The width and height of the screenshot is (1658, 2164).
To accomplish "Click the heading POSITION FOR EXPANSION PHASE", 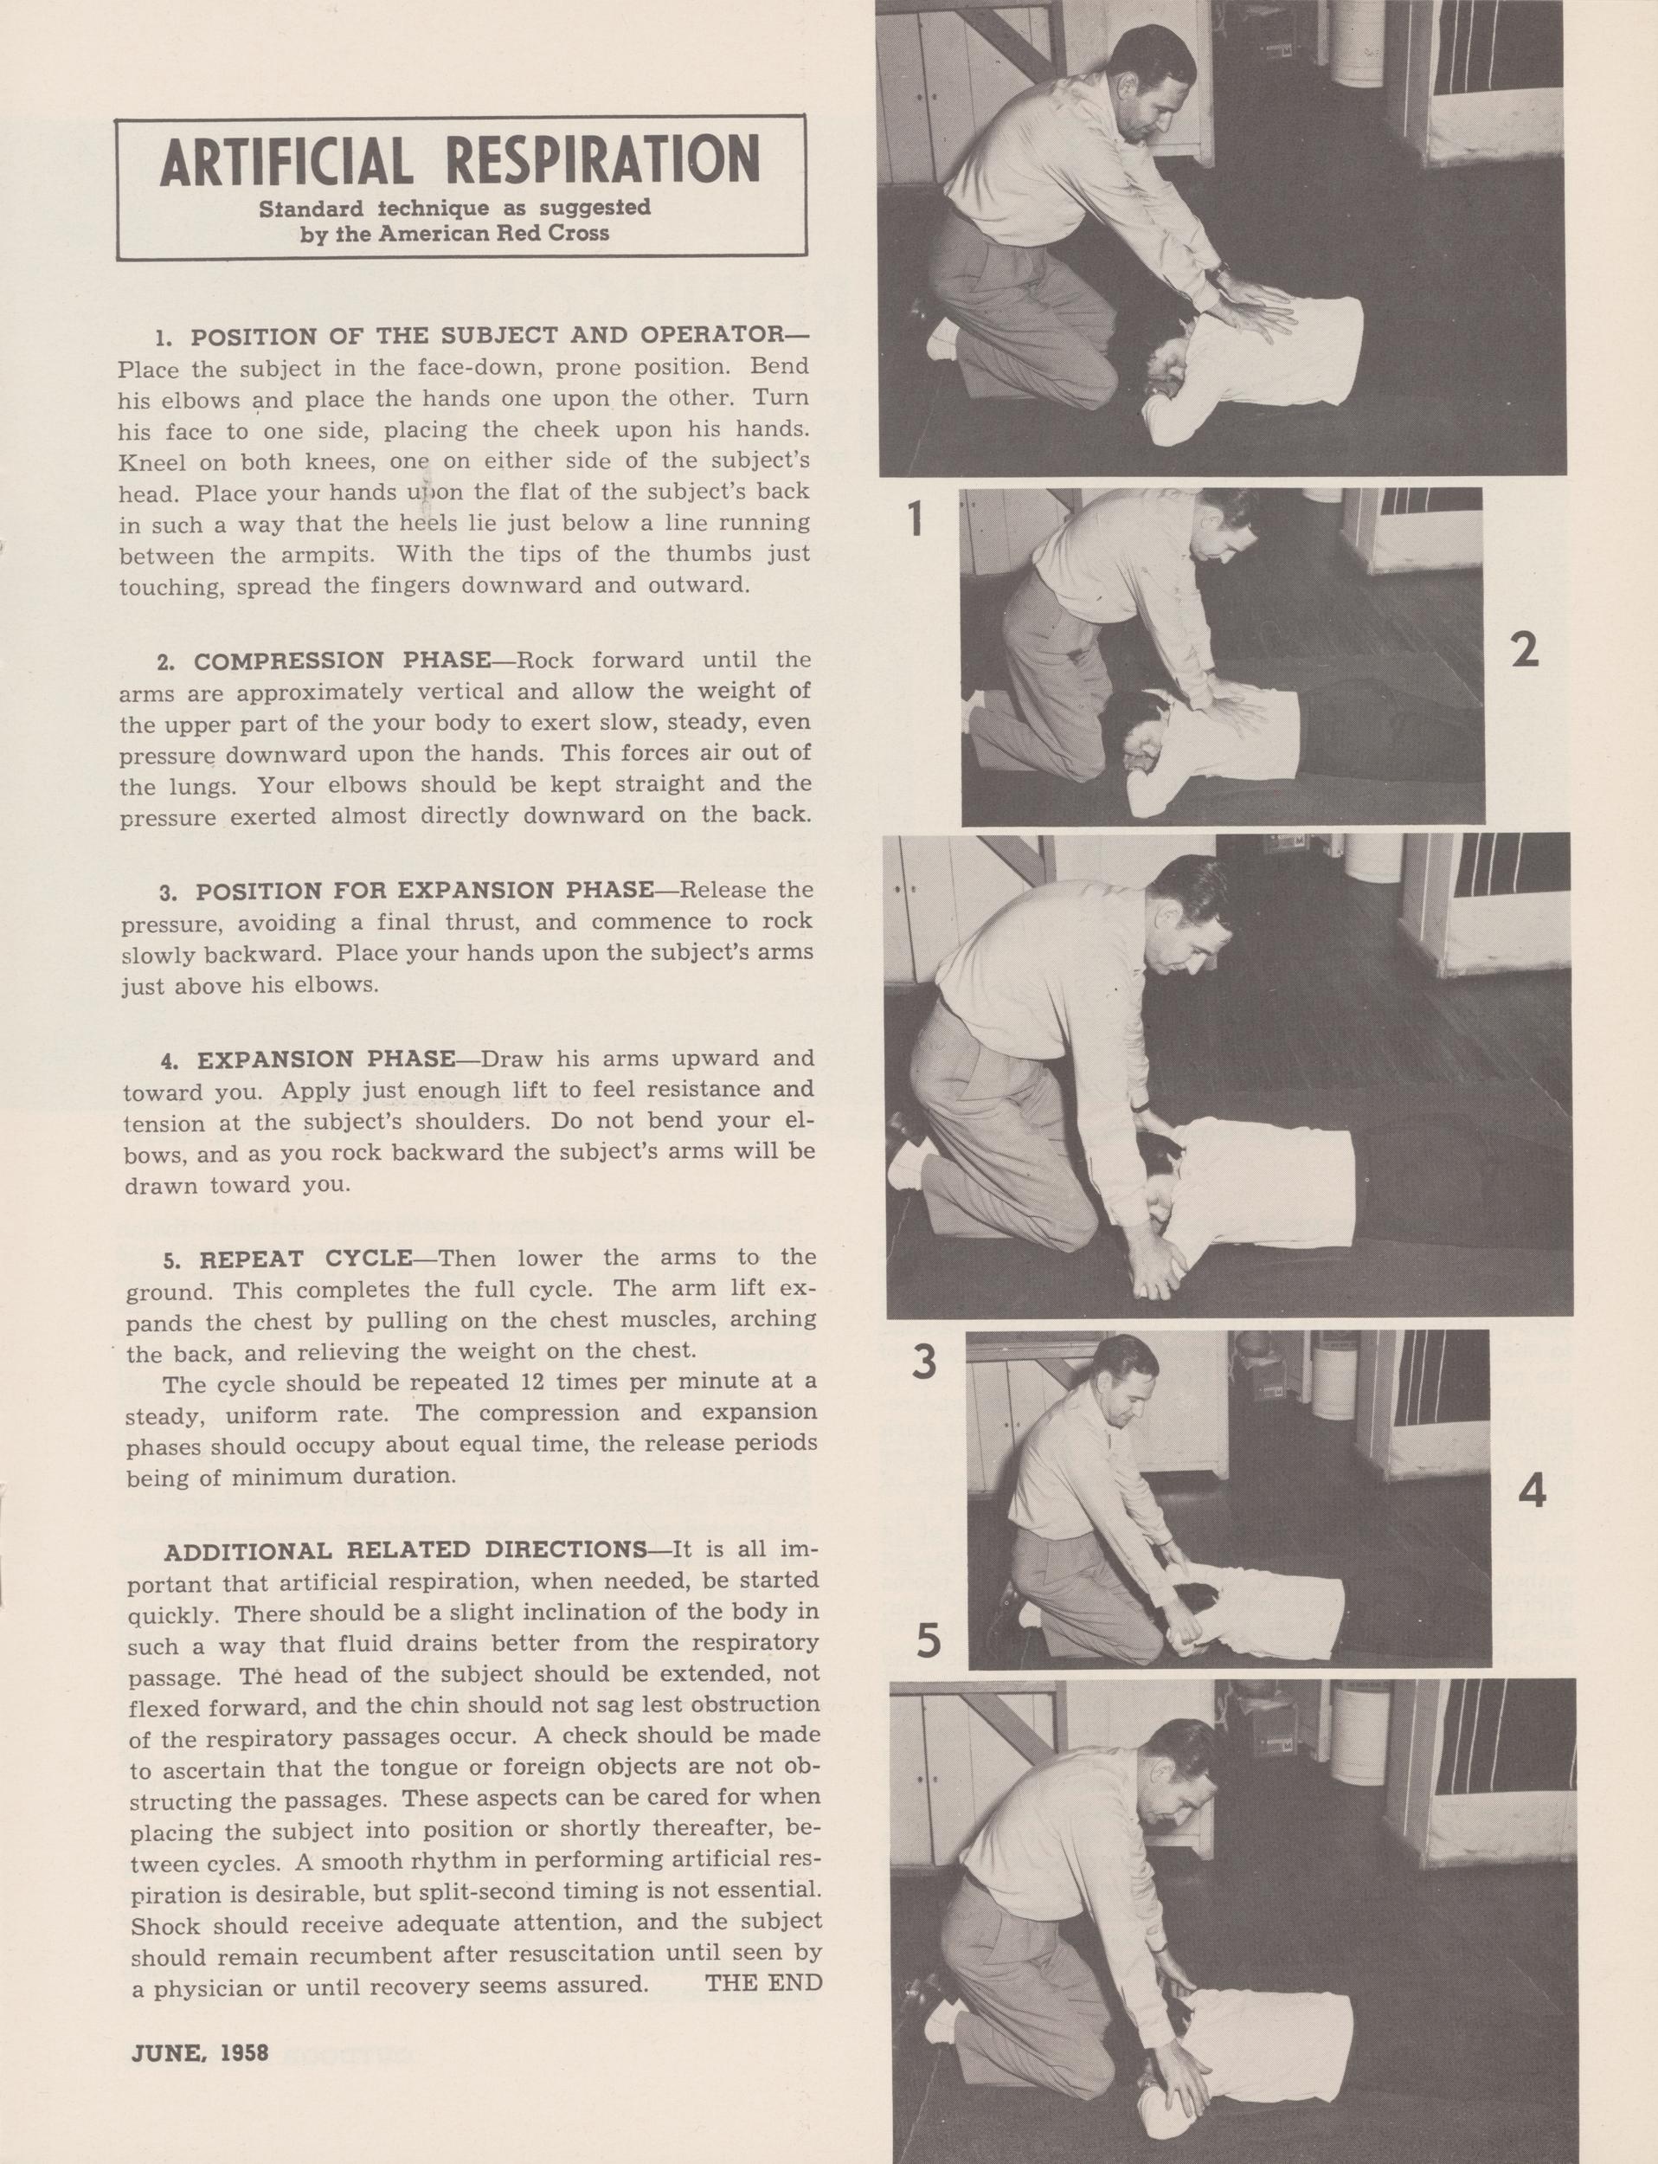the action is point(424,891).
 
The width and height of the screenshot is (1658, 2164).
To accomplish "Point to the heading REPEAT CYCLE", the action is point(306,1259).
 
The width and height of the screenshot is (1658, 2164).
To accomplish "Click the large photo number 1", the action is point(915,519).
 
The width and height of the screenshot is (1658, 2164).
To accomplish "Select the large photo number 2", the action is point(1525,648).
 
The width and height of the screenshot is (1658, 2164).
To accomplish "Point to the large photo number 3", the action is point(922,1363).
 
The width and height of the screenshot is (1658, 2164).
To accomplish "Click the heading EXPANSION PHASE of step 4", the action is point(326,1059).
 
